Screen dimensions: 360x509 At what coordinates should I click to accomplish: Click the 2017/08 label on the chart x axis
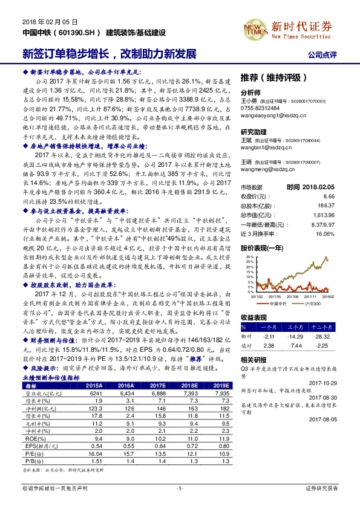[277, 297]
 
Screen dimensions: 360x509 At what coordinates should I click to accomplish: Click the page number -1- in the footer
[179, 487]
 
